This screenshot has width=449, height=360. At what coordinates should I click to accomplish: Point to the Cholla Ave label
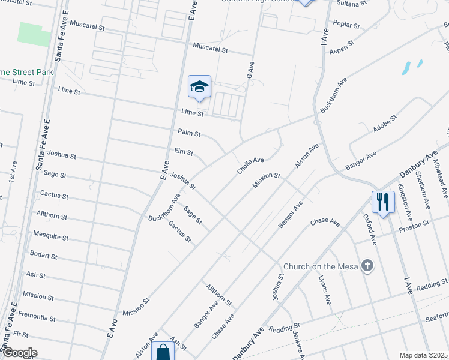click(250, 165)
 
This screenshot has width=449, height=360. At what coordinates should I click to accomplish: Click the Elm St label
click(184, 152)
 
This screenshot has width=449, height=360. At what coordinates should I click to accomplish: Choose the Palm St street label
click(189, 133)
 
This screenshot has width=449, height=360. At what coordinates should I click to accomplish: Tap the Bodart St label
click(43, 256)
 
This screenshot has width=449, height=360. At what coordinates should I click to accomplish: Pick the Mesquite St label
click(50, 236)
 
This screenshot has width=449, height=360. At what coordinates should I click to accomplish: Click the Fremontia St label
click(38, 316)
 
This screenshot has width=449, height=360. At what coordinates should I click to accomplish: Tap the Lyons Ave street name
click(324, 290)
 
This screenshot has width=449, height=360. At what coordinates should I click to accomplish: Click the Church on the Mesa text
click(321, 266)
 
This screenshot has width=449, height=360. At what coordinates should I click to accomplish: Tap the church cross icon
click(367, 265)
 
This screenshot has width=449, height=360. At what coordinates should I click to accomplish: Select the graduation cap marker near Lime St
click(199, 87)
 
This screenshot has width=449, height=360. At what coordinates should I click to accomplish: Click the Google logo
click(19, 353)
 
